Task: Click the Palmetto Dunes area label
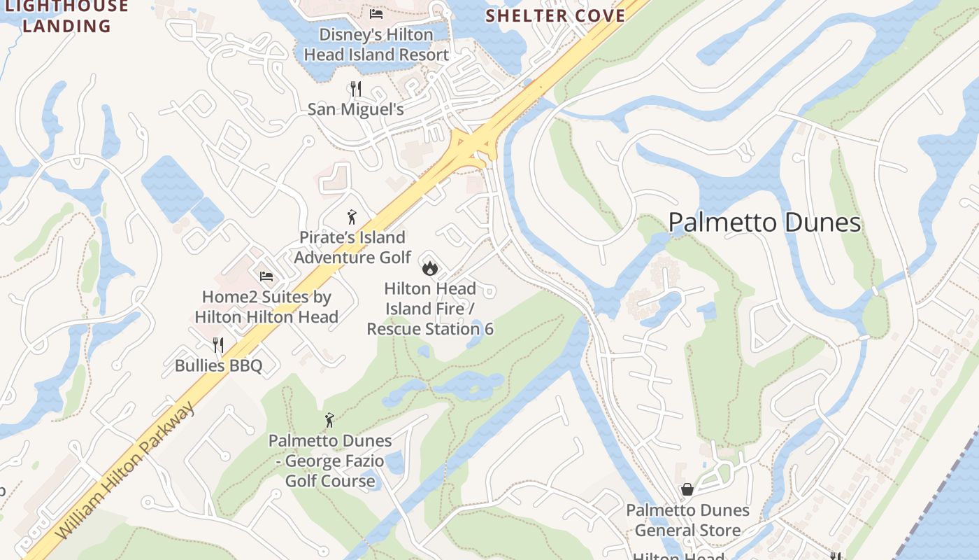tap(764, 223)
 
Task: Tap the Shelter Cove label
tap(555, 15)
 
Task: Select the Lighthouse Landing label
tap(66, 17)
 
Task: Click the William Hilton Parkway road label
tap(126, 470)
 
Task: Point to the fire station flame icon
tap(429, 267)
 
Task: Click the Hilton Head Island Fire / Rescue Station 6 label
tap(430, 309)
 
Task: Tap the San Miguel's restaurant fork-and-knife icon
tap(356, 89)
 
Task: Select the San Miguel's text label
tap(356, 109)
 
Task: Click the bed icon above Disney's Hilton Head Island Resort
tap(376, 13)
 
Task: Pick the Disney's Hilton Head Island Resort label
tap(376, 44)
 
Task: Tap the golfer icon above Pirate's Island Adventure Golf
tap(352, 217)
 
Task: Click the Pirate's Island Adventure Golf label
tap(352, 247)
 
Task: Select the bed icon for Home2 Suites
tap(266, 276)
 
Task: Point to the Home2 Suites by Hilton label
tap(266, 307)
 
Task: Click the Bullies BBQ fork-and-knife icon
tap(218, 344)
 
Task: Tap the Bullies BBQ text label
tap(218, 365)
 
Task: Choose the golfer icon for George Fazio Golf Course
tap(330, 420)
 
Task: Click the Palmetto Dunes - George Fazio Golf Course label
tap(330, 461)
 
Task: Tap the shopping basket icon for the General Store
tap(687, 489)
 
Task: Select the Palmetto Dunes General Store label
tap(687, 520)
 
